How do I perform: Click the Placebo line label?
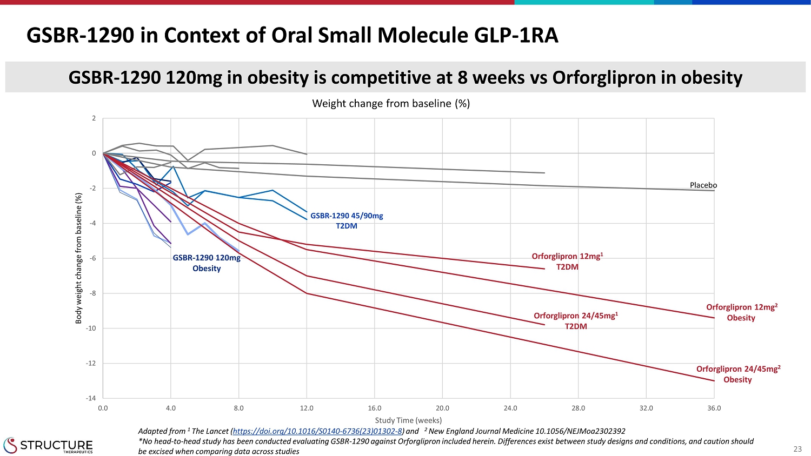click(x=703, y=185)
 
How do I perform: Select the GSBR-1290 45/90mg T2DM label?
click(x=347, y=220)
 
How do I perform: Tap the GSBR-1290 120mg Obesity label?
click(x=207, y=263)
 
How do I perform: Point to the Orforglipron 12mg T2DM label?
click(x=567, y=261)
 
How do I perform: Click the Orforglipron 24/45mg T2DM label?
click(x=576, y=321)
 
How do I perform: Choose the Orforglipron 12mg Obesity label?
click(x=741, y=312)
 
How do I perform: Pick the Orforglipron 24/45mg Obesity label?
click(x=738, y=374)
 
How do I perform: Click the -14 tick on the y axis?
click(x=90, y=398)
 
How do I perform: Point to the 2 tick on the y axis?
click(x=94, y=118)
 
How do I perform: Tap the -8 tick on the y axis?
click(x=92, y=293)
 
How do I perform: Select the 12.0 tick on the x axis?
click(x=307, y=408)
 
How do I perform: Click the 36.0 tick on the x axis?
click(x=714, y=408)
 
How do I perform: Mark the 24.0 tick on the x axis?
click(x=510, y=408)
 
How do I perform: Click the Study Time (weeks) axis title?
click(x=408, y=420)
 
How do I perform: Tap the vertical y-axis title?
click(x=79, y=258)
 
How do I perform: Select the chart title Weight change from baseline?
click(x=391, y=103)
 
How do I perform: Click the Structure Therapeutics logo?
click(x=48, y=446)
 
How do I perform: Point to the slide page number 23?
click(x=797, y=449)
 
